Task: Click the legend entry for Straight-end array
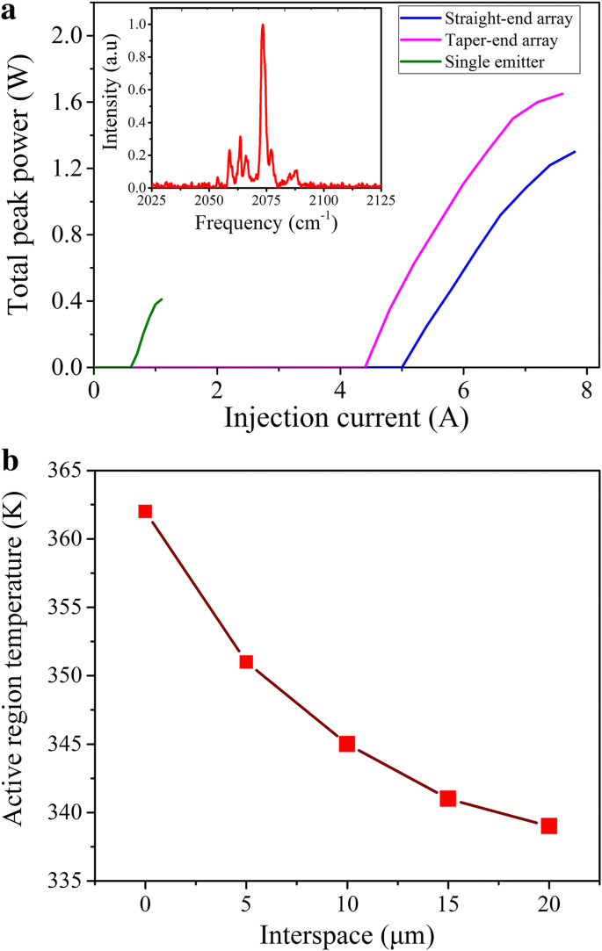[496, 18]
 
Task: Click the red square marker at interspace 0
[145, 511]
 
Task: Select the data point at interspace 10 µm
[347, 744]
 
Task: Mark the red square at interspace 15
[447, 798]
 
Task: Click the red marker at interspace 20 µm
[548, 825]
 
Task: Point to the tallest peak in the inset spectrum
[263, 25]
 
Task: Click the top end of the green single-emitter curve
[162, 299]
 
